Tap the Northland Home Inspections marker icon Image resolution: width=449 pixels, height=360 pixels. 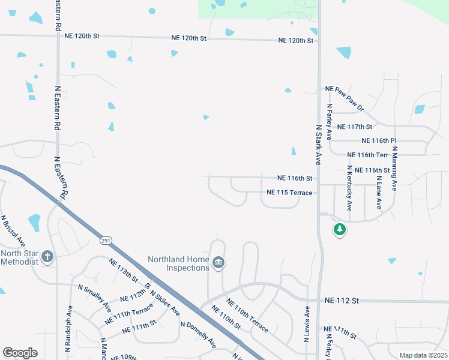[218, 263]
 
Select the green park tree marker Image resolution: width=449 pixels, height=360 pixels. [340, 229]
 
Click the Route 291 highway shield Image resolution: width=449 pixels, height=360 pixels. [106, 240]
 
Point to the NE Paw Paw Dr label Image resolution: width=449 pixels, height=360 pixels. [344, 97]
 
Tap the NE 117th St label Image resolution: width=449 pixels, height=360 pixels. [355, 127]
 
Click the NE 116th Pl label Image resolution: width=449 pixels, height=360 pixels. [379, 140]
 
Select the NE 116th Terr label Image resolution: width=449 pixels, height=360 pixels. [369, 155]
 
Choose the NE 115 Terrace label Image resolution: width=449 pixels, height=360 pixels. [289, 193]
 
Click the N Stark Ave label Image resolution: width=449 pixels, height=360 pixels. [319, 144]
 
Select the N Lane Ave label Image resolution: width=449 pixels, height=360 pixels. [379, 191]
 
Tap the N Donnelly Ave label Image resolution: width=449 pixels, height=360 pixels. [198, 335]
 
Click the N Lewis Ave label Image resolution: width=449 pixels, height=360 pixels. [306, 324]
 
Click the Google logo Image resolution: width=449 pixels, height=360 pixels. [20, 353]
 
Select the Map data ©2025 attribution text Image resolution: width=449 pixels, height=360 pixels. [423, 355]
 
